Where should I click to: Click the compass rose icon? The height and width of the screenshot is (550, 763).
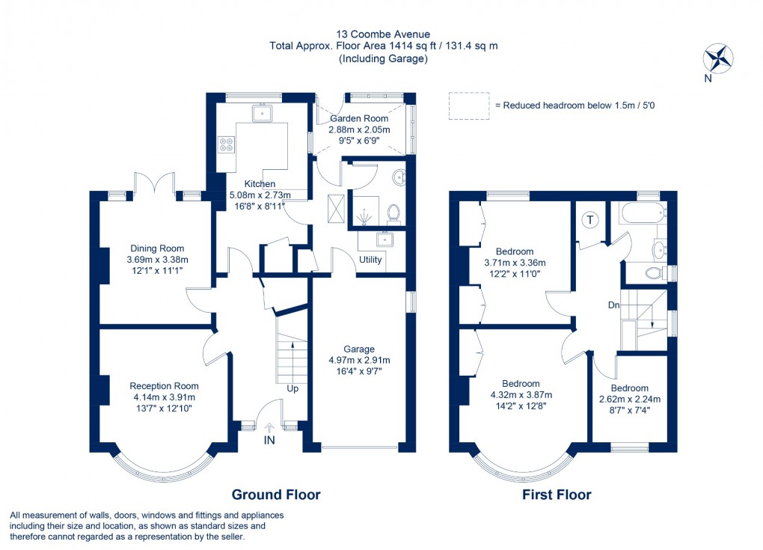click(x=718, y=59)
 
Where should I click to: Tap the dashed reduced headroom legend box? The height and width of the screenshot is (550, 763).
click(x=467, y=106)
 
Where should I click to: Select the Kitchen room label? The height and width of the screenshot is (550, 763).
click(x=260, y=184)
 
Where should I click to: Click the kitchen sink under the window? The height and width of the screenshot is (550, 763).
click(x=263, y=114)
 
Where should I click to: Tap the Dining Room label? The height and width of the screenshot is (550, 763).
click(x=157, y=248)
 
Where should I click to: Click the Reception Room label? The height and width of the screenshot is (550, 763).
click(x=164, y=386)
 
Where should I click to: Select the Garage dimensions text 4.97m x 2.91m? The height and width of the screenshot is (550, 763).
click(x=359, y=360)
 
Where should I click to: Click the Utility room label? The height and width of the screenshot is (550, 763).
click(x=370, y=260)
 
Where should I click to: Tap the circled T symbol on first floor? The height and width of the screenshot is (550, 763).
click(x=590, y=220)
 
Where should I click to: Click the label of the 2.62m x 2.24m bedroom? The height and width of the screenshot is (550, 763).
click(x=629, y=388)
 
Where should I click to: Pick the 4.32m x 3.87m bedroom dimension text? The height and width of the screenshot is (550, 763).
click(x=521, y=395)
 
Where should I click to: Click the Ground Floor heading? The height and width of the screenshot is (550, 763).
click(x=275, y=495)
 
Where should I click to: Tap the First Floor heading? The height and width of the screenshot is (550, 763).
click(x=557, y=495)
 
